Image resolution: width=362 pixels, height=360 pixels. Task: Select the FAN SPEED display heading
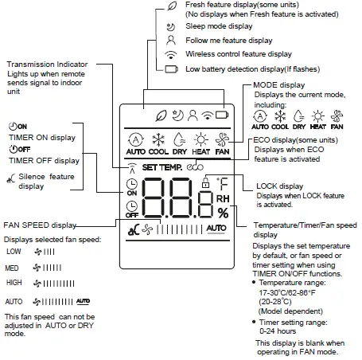pyautogui.click(x=41, y=225)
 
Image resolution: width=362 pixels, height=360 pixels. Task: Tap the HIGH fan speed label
pyautogui.click(x=14, y=283)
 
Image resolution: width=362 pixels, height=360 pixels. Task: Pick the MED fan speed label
pyautogui.click(x=14, y=268)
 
